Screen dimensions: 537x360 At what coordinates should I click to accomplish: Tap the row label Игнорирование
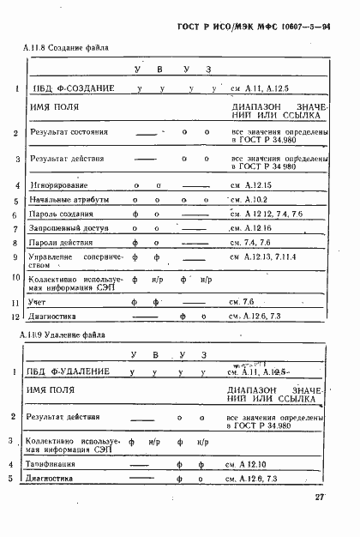coord(57,185)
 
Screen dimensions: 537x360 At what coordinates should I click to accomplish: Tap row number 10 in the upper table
coord(17,278)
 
